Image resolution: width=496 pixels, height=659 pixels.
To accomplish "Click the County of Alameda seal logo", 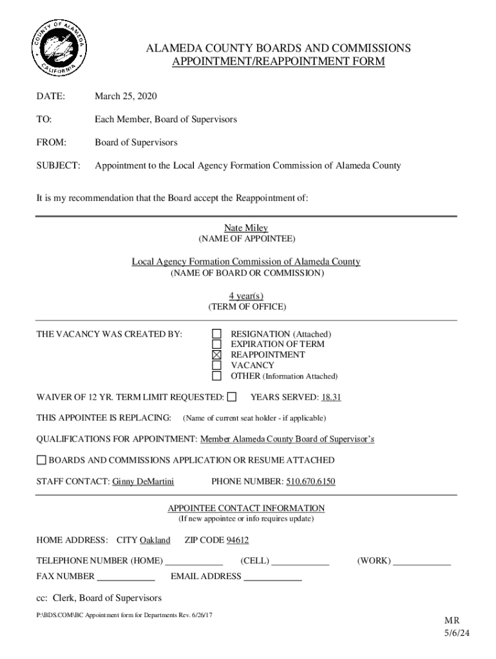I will click(x=59, y=49).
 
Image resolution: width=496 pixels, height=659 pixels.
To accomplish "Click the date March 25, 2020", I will click(x=126, y=97).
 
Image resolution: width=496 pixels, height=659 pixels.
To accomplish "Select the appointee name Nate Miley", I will click(x=246, y=228).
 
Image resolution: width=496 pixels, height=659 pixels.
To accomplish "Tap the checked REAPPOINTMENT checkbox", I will click(x=217, y=355).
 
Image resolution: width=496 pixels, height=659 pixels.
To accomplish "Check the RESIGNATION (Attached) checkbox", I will click(x=217, y=334).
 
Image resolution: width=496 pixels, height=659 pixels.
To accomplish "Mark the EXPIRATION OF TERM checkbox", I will click(x=217, y=344).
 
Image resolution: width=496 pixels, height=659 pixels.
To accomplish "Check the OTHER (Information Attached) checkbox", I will click(x=217, y=376).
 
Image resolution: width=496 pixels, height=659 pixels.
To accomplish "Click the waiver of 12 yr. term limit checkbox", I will click(x=232, y=397).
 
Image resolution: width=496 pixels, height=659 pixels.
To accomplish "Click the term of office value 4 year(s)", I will click(x=246, y=295).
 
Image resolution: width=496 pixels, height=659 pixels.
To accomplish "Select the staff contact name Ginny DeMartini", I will click(x=143, y=481).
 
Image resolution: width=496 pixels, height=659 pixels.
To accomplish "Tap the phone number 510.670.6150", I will click(x=310, y=481).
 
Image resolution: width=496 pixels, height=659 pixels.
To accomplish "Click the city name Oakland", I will click(x=155, y=540).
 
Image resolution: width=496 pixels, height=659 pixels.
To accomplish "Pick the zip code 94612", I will click(x=236, y=540).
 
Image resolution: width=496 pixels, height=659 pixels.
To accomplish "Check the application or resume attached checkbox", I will click(x=41, y=460).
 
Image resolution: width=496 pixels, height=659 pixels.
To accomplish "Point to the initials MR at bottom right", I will click(x=452, y=620).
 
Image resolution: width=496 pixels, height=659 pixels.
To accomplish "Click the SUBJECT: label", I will click(x=58, y=165).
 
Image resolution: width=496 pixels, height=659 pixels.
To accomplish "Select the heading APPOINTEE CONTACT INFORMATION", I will click(x=246, y=508).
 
